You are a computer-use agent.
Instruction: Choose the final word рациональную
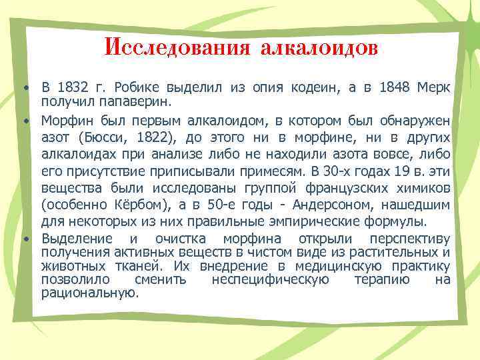(89, 292)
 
